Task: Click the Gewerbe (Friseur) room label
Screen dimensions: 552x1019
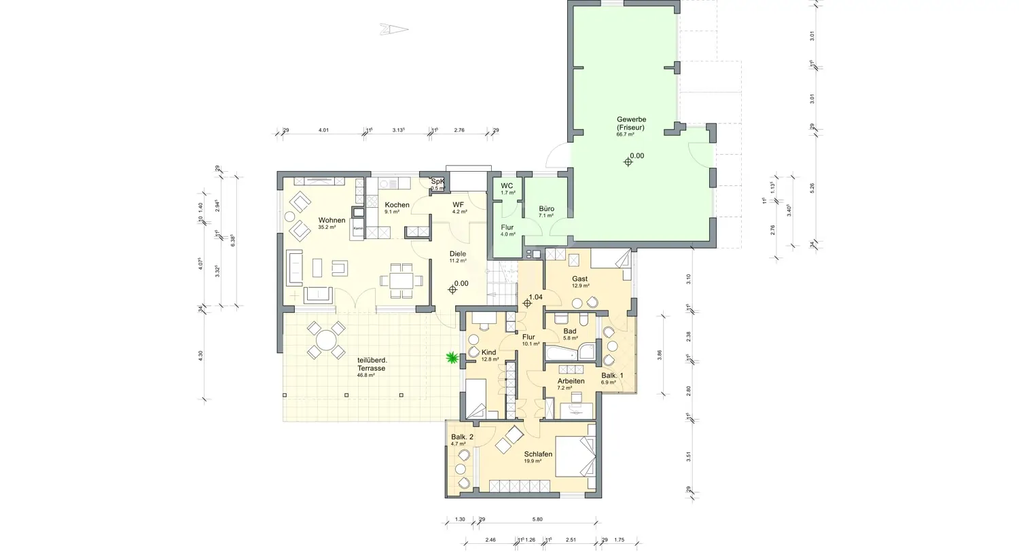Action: tap(630, 124)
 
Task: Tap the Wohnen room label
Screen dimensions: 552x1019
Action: tap(332, 221)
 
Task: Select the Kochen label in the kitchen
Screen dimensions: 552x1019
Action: tap(397, 205)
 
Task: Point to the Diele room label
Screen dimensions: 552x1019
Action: tap(457, 255)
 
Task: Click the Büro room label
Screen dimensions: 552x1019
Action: tap(546, 209)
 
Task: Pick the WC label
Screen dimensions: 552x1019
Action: tap(507, 186)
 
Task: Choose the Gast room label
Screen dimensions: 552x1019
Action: tap(579, 279)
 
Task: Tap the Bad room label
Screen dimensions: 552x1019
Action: tap(569, 331)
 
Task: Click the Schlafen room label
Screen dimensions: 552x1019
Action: tap(538, 454)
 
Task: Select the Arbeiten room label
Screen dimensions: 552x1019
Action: tap(571, 382)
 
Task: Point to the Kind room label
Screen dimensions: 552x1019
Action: tap(488, 353)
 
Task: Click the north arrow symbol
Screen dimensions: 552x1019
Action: tap(394, 29)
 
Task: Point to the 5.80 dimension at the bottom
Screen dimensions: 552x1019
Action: tap(537, 519)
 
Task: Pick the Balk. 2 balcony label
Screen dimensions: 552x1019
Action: tap(462, 437)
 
